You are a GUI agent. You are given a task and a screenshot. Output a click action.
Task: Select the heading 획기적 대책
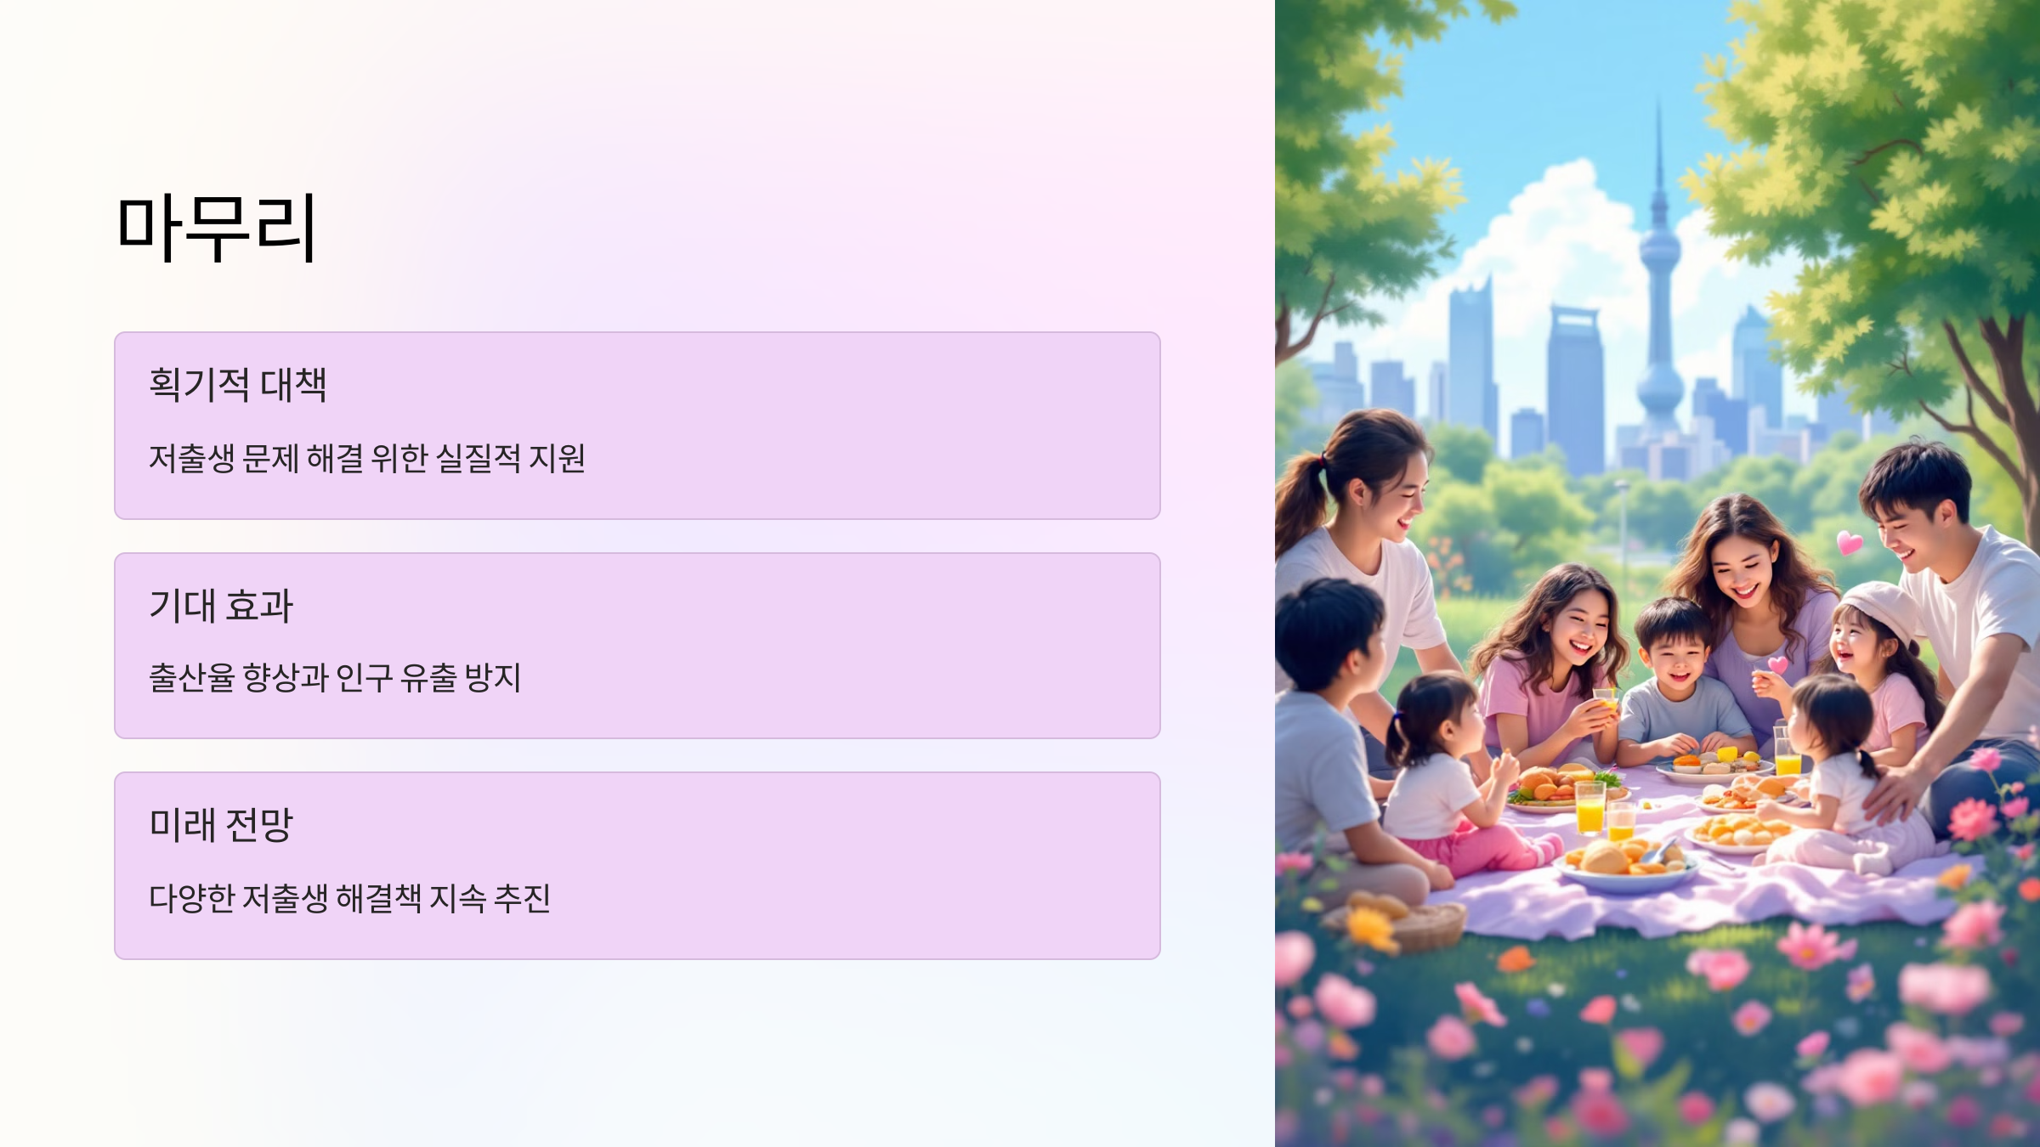(237, 384)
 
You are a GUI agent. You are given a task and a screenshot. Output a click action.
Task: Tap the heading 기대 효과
(220, 605)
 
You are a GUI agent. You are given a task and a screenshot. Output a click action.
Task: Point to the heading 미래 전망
(220, 824)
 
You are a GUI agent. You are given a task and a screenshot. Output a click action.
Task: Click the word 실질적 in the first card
(478, 459)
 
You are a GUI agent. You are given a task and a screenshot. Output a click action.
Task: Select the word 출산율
(191, 678)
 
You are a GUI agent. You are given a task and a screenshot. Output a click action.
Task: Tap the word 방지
(492, 678)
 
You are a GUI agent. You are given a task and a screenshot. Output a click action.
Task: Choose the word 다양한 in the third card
(191, 898)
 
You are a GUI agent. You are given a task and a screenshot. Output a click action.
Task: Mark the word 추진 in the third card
(522, 898)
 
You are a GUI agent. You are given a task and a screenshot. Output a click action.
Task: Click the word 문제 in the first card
(270, 459)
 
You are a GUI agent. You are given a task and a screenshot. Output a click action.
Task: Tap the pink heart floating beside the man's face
(1849, 542)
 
